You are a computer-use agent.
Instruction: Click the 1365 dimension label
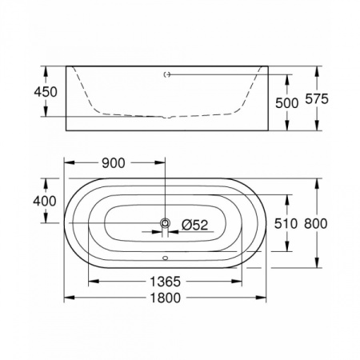tap(163, 282)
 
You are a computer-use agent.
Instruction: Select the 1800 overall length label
tap(163, 298)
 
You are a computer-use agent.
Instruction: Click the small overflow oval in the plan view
tap(166, 258)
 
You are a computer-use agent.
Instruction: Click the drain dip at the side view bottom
tap(166, 118)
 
